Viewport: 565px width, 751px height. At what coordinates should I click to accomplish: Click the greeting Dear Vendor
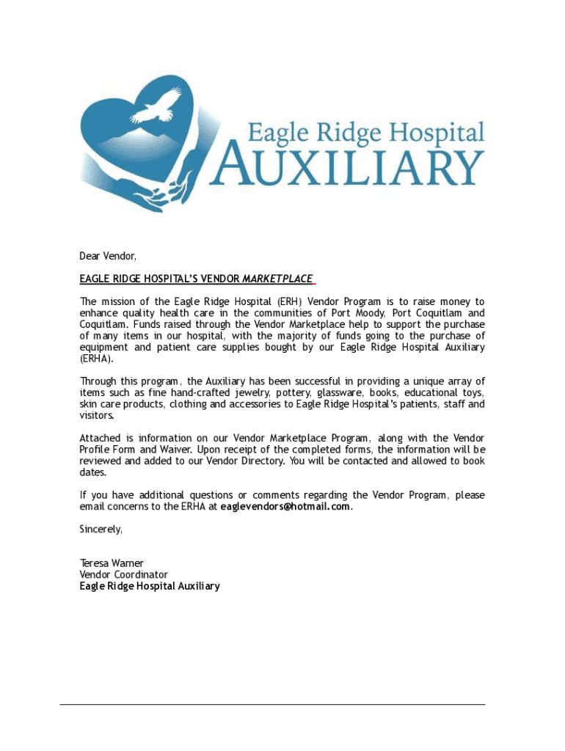[x=108, y=256]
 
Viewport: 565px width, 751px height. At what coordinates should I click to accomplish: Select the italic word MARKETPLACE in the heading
[x=277, y=279]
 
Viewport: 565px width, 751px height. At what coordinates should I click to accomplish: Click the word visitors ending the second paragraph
[x=96, y=416]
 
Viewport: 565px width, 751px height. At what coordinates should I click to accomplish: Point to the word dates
[x=93, y=473]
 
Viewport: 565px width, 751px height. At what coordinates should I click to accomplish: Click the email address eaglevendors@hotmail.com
[x=285, y=507]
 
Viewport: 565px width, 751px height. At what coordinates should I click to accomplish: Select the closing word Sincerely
[x=101, y=529]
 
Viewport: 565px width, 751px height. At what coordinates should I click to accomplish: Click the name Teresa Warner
[x=112, y=563]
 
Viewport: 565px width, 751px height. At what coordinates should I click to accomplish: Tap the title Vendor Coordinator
[x=123, y=575]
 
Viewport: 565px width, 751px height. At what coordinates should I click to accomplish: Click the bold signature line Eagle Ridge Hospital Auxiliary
[x=150, y=586]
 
